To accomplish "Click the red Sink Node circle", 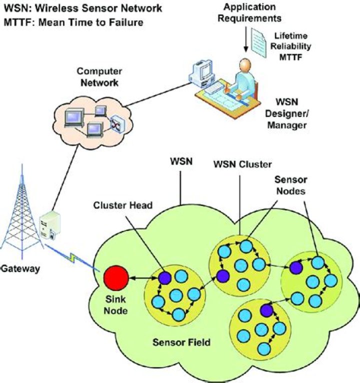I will click(115, 278).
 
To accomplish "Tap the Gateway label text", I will click(19, 268).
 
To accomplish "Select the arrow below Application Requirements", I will click(245, 40).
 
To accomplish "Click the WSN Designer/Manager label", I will click(285, 115).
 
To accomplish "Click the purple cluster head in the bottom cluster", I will click(266, 310).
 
